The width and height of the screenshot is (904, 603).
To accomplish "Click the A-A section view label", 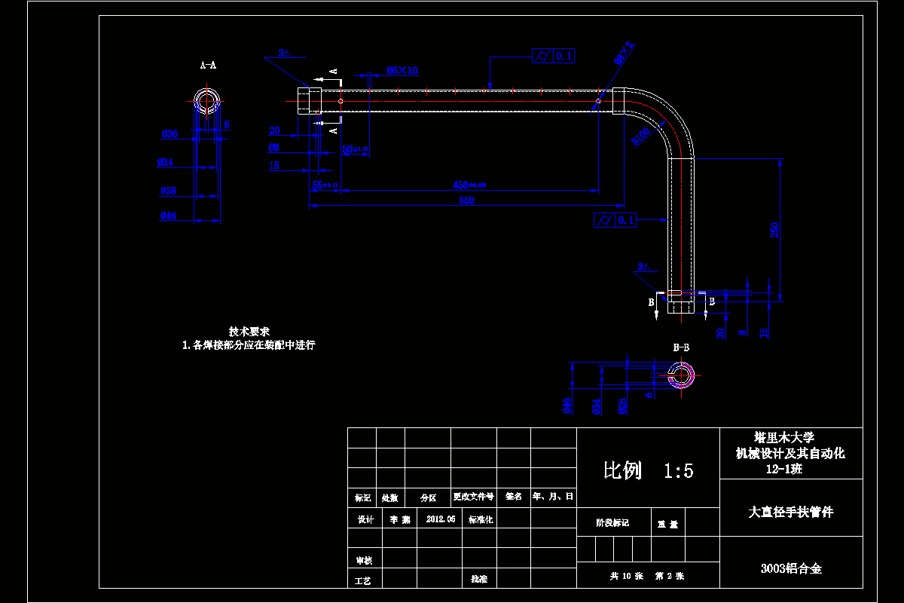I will [208, 66].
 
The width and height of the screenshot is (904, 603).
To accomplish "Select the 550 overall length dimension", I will [466, 200].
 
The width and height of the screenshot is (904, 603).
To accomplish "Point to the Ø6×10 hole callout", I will [402, 70].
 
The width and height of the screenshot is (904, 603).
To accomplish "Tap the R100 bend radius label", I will [641, 136].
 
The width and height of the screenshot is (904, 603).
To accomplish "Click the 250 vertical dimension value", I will [775, 230].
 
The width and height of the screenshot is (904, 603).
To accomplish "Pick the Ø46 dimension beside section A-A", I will [169, 216].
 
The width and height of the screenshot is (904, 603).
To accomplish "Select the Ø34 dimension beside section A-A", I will [166, 162].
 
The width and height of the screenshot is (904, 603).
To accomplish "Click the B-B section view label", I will [681, 347].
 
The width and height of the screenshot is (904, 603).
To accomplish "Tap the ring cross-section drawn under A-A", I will [206, 100].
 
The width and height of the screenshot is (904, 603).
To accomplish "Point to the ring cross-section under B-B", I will [682, 374].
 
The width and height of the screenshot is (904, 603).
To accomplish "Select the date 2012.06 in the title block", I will [441, 519].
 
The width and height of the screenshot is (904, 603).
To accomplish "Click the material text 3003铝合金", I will [791, 568].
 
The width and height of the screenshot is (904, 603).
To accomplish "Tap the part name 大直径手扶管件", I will [791, 512].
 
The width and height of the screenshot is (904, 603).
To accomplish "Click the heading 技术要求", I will [249, 332].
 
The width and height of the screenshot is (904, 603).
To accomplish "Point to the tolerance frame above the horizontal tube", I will [553, 56].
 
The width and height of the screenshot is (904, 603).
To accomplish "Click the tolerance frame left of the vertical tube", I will [615, 220].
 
